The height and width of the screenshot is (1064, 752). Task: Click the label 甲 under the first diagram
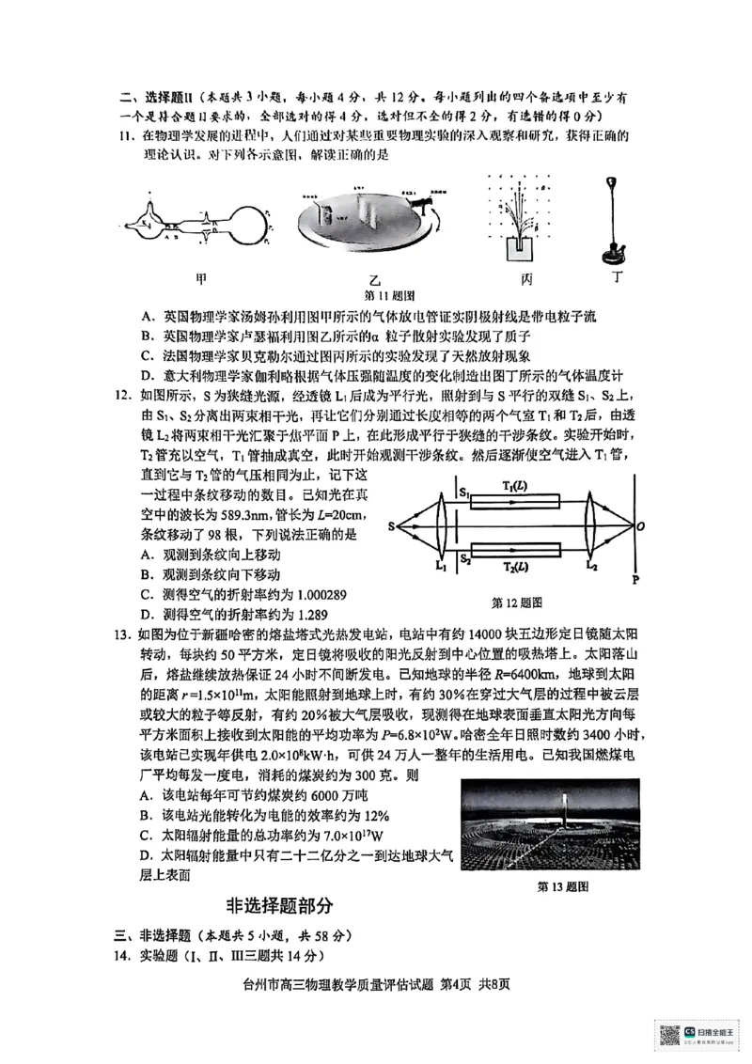(201, 278)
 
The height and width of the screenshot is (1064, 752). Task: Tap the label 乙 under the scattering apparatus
(375, 281)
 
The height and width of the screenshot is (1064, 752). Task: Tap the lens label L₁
(440, 566)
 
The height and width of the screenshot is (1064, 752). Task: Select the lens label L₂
(591, 566)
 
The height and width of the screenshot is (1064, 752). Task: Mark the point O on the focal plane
(640, 527)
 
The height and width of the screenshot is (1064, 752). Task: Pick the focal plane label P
(636, 579)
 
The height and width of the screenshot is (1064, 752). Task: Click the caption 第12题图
(517, 602)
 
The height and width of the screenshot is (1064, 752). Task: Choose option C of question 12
(148, 594)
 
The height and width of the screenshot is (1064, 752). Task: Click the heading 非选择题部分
(279, 906)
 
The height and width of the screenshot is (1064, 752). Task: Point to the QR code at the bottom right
(669, 1034)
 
